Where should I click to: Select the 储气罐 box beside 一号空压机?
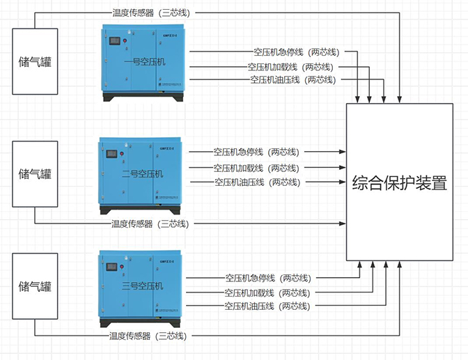35,61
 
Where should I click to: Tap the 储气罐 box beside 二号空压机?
35,173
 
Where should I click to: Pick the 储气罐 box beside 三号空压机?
35,286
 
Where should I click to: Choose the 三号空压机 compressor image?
142,286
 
